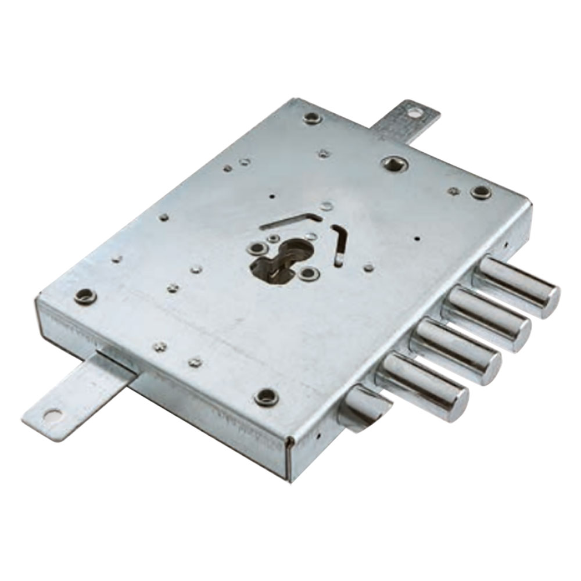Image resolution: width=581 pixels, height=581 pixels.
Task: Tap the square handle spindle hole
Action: (394, 163)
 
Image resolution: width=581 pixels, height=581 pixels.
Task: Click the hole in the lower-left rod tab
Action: (52, 415)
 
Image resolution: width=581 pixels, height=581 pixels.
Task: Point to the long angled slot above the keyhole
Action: (290, 221)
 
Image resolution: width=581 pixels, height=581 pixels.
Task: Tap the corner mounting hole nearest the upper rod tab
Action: (312, 118)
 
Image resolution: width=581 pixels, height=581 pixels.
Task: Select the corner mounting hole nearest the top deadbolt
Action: (480, 192)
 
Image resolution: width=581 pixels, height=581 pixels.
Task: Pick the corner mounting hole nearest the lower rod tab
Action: (85, 296)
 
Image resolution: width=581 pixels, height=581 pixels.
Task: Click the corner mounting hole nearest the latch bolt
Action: (266, 397)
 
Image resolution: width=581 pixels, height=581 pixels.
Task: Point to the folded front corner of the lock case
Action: (289, 459)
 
